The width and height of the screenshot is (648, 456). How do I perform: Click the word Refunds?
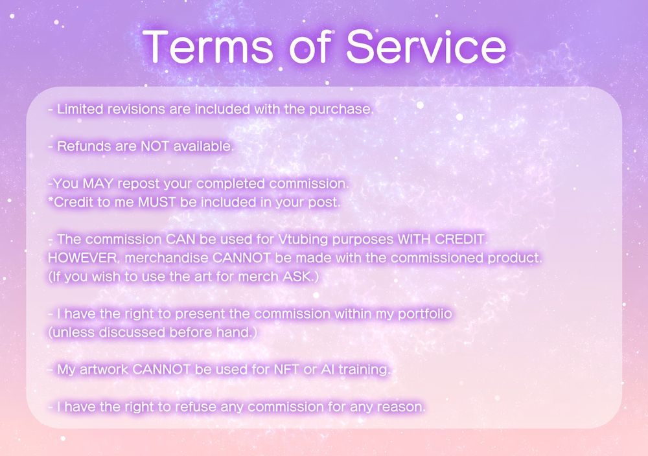pos(82,146)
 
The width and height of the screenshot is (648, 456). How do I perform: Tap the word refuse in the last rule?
pos(189,407)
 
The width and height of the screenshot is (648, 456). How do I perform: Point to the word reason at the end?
pos(402,407)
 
